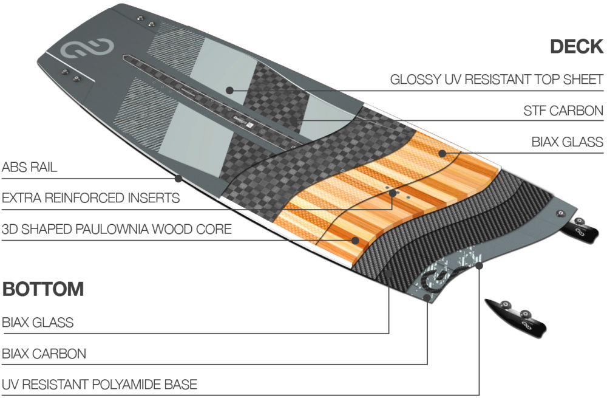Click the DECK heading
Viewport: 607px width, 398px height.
pyautogui.click(x=576, y=47)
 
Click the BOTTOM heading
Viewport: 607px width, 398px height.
pyautogui.click(x=43, y=289)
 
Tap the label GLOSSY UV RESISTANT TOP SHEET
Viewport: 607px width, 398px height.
pyautogui.click(x=497, y=80)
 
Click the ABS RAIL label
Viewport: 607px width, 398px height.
pyautogui.click(x=30, y=168)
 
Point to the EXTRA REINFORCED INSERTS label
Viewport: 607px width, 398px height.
pyautogui.click(x=90, y=198)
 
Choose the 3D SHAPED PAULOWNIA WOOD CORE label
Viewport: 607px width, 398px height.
pyautogui.click(x=117, y=230)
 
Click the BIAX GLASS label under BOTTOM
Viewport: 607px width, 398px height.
pyautogui.click(x=38, y=323)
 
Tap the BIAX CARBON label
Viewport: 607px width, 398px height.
pyautogui.click(x=44, y=354)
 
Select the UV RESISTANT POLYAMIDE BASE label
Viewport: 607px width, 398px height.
pyautogui.click(x=99, y=385)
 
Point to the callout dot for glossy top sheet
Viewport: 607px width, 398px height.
pyautogui.click(x=229, y=90)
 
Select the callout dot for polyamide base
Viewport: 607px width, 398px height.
pyautogui.click(x=480, y=264)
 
